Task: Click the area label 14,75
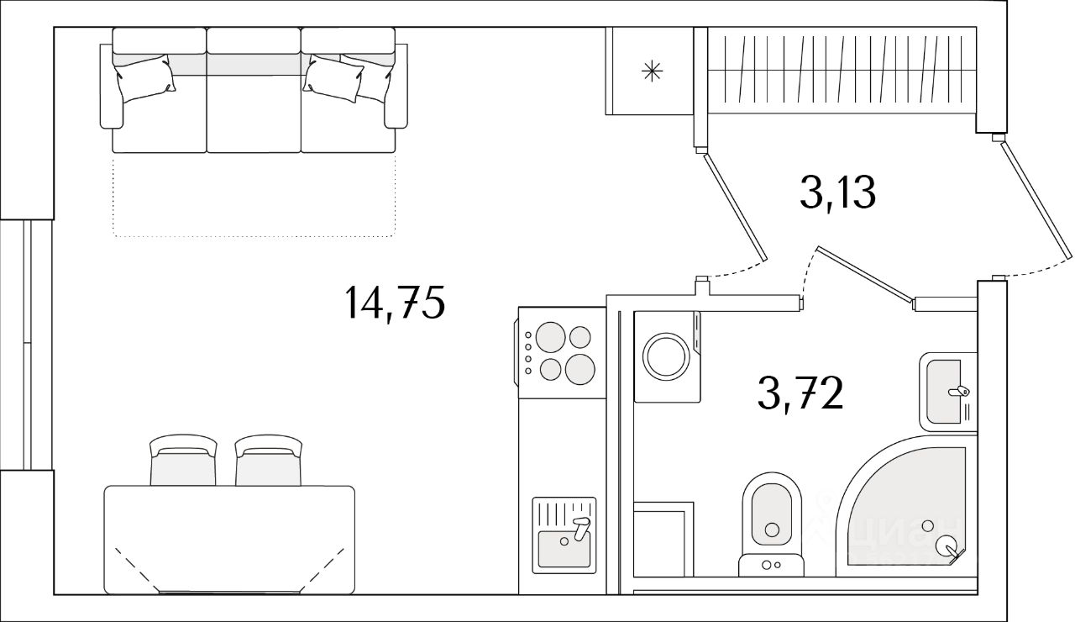(393, 303)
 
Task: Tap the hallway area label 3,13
(837, 194)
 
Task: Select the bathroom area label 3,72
(800, 393)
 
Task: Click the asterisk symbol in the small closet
(652, 72)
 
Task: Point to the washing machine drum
(666, 356)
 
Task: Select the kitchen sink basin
(564, 547)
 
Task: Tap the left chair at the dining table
(183, 462)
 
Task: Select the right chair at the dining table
(268, 462)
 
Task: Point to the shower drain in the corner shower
(927, 525)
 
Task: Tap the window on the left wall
(27, 345)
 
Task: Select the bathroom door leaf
(864, 275)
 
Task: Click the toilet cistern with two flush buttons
(771, 566)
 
